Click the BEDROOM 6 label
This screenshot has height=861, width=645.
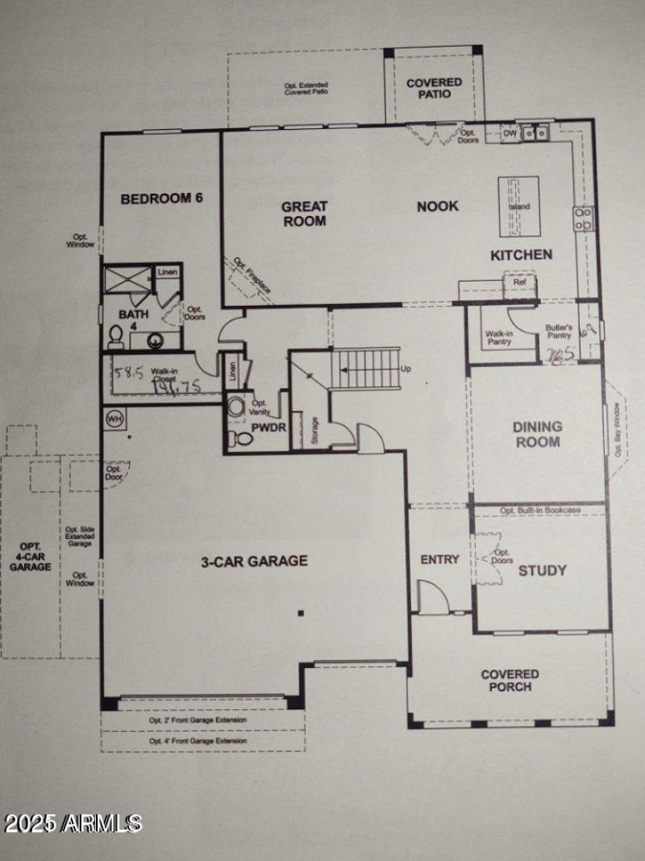coord(161,199)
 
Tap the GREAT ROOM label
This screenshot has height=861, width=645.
coord(304,213)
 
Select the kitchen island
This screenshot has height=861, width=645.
coord(519,207)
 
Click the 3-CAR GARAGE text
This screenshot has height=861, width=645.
coord(254,561)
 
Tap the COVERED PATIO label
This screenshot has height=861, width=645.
coord(434,88)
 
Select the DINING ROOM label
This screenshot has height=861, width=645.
coord(537,434)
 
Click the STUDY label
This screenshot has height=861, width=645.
coord(542,571)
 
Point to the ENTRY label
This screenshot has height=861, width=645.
coord(440,559)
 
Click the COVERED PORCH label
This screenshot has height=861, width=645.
coord(510,680)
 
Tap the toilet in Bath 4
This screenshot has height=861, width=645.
coord(115,336)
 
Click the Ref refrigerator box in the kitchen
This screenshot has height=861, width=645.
coord(520,282)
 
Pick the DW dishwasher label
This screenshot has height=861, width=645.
coord(510,134)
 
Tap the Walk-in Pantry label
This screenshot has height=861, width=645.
coord(499,337)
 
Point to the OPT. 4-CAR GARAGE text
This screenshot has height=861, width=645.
coord(30,556)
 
